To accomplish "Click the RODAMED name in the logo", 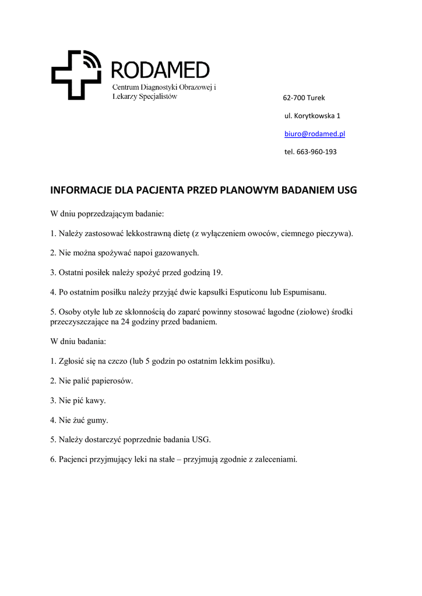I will click(x=160, y=70).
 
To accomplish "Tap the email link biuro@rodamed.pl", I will click(x=315, y=134).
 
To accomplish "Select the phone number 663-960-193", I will click(x=316, y=152).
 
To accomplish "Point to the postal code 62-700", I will click(x=293, y=98).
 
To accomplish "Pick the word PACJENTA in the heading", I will click(x=165, y=190).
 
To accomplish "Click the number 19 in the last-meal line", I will click(x=217, y=272).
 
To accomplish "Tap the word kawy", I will click(x=96, y=400).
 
